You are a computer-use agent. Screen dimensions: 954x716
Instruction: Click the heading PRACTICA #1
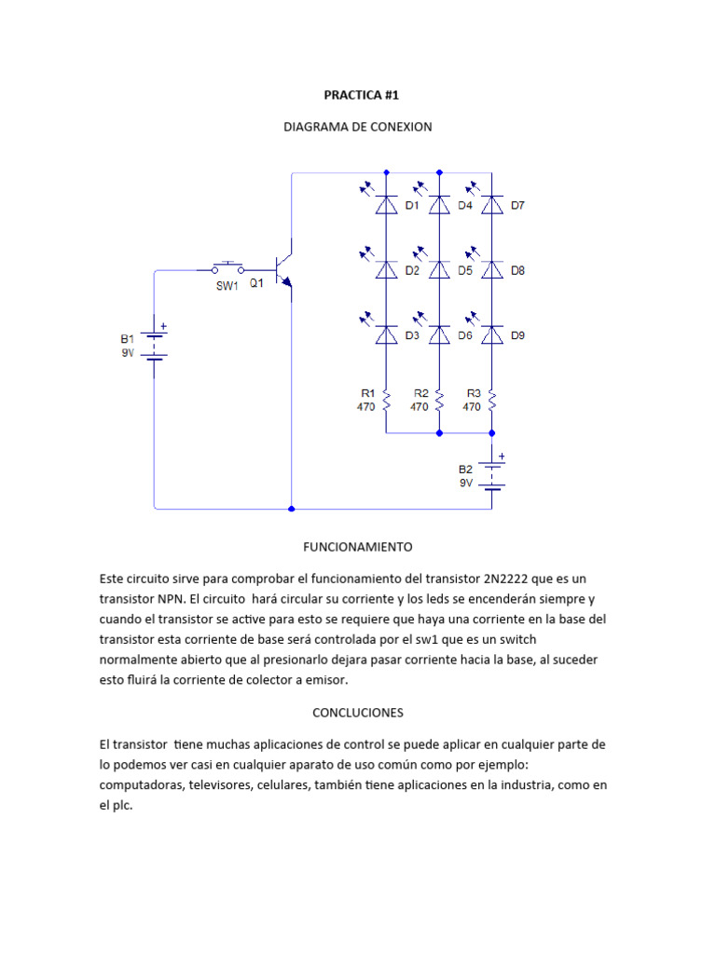[x=358, y=95]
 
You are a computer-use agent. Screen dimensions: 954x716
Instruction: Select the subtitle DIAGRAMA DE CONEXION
[x=358, y=127]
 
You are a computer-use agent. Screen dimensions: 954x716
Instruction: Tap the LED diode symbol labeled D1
[x=386, y=206]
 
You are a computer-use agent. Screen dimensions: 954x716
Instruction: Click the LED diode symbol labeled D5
[x=439, y=270]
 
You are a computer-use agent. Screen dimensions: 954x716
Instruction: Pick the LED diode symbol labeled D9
[x=492, y=335]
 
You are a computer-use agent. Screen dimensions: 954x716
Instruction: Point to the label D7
[x=517, y=206]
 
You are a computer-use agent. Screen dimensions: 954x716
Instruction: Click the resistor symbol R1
[x=386, y=400]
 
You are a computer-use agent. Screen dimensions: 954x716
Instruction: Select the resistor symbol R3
[x=492, y=400]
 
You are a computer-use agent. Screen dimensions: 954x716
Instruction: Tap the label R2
[x=420, y=393]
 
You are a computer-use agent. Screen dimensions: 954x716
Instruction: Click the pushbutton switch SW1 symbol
[x=227, y=268]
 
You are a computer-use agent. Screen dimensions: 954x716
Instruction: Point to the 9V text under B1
[x=128, y=353]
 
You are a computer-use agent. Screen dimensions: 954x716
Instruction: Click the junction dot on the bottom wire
[x=292, y=509]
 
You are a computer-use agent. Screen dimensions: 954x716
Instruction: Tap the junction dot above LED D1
[x=386, y=172]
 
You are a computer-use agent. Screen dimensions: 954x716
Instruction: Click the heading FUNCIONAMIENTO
[x=358, y=546]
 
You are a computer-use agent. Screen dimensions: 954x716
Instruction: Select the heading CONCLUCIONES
[x=358, y=712]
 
